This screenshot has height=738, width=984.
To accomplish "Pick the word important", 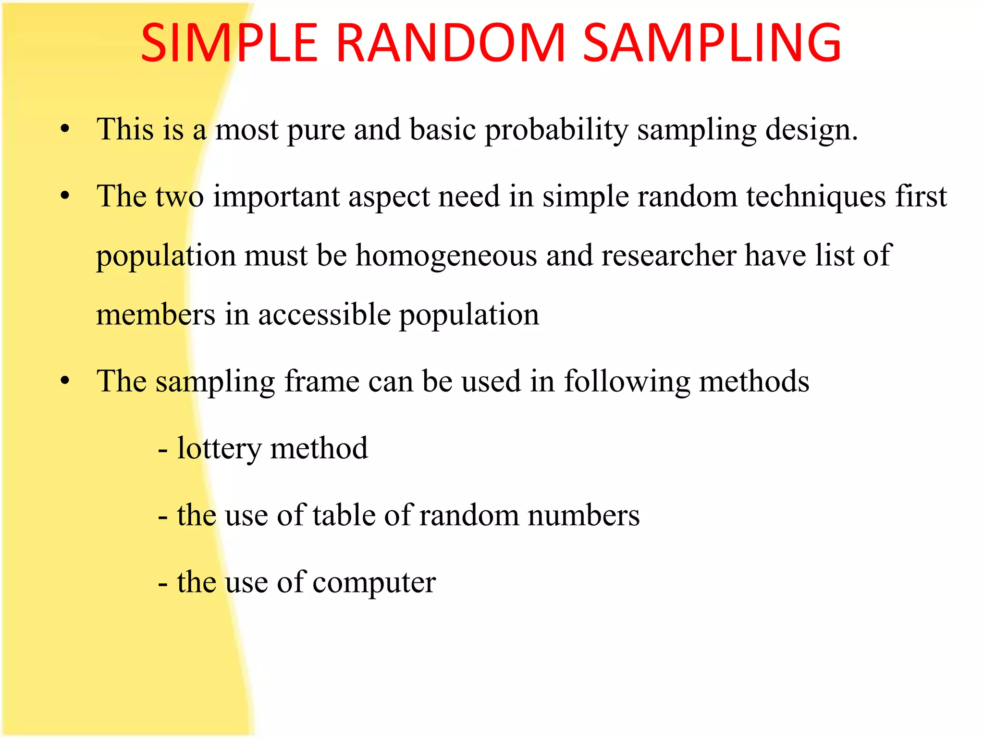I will pyautogui.click(x=276, y=197).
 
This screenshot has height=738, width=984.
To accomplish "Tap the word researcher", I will pyautogui.click(x=668, y=256).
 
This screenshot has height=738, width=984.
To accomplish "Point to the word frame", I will pyautogui.click(x=321, y=381).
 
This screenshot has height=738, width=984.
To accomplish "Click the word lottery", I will pyautogui.click(x=219, y=449).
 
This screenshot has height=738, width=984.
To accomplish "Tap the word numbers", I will pyautogui.click(x=583, y=516).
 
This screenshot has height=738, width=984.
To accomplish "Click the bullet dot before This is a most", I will pyautogui.click(x=65, y=129).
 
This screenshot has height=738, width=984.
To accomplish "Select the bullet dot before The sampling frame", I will pyautogui.click(x=65, y=381).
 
